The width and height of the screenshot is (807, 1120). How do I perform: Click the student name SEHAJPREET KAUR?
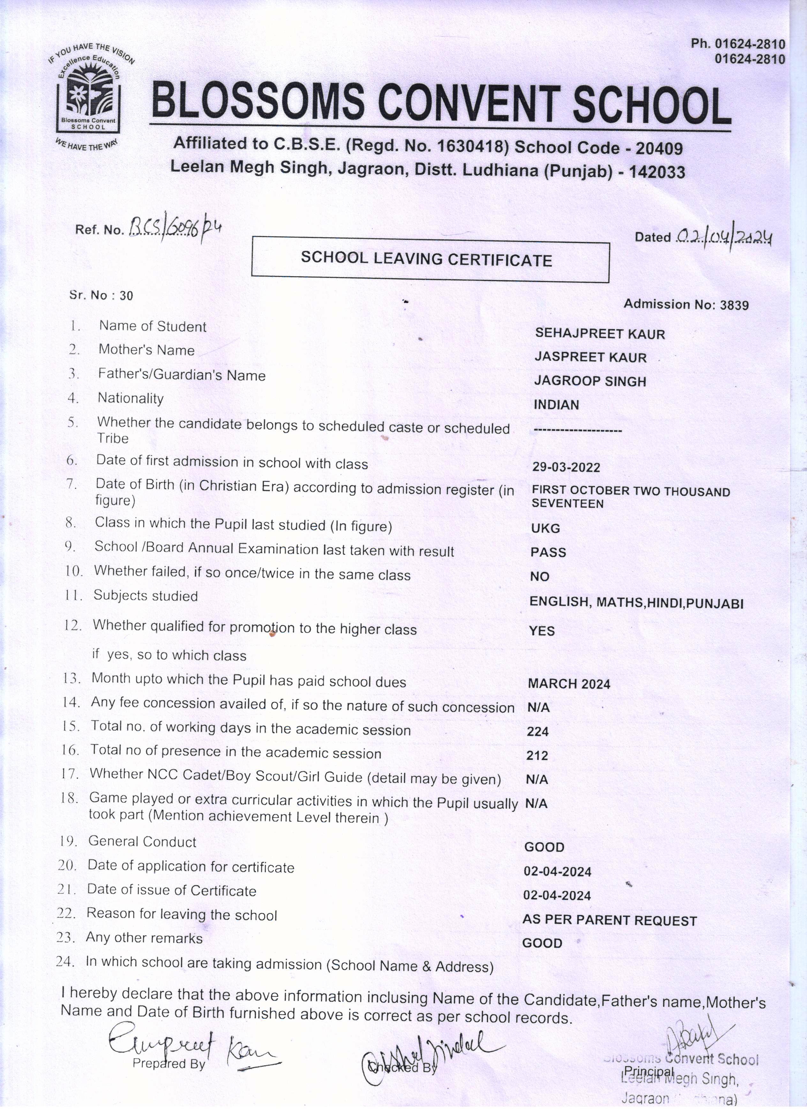600,334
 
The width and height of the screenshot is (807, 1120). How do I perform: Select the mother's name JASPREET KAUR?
590,357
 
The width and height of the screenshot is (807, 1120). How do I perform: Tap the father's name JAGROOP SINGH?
590,381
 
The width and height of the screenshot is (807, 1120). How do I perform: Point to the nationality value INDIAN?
556,404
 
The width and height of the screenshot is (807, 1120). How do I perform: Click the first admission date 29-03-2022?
566,467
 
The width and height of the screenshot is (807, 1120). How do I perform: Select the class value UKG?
546,528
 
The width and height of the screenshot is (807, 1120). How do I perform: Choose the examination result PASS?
548,552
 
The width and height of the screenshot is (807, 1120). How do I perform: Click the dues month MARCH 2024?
569,683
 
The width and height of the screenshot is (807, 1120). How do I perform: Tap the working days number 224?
538,731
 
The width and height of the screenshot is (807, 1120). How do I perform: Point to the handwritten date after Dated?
723,238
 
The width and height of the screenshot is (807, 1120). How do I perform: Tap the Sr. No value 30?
126,296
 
